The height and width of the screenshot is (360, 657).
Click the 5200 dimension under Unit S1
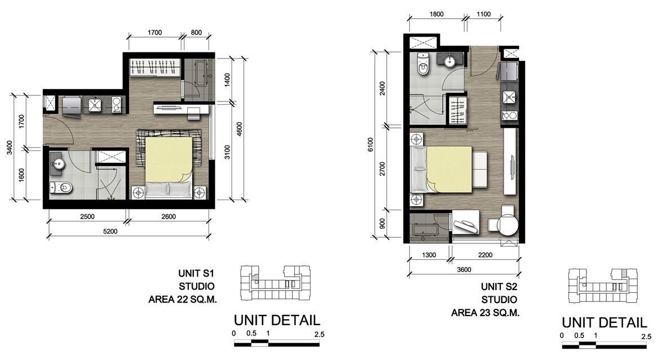110,231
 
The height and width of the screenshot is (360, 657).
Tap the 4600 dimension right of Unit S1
239,129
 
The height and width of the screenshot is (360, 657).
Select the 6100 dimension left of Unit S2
370,145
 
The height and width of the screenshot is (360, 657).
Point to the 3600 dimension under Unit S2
464,269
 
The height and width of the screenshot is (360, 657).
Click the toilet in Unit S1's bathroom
61,188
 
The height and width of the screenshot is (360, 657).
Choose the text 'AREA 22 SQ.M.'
183,300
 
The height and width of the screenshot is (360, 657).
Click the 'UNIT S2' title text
499,287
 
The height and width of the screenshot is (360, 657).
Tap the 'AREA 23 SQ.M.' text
485,313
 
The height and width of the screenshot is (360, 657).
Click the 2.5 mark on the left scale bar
319,335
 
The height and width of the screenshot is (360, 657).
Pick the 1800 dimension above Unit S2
437,14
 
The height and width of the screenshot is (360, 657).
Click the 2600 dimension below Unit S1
168,217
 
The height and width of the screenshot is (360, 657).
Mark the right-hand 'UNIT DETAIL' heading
605,322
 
